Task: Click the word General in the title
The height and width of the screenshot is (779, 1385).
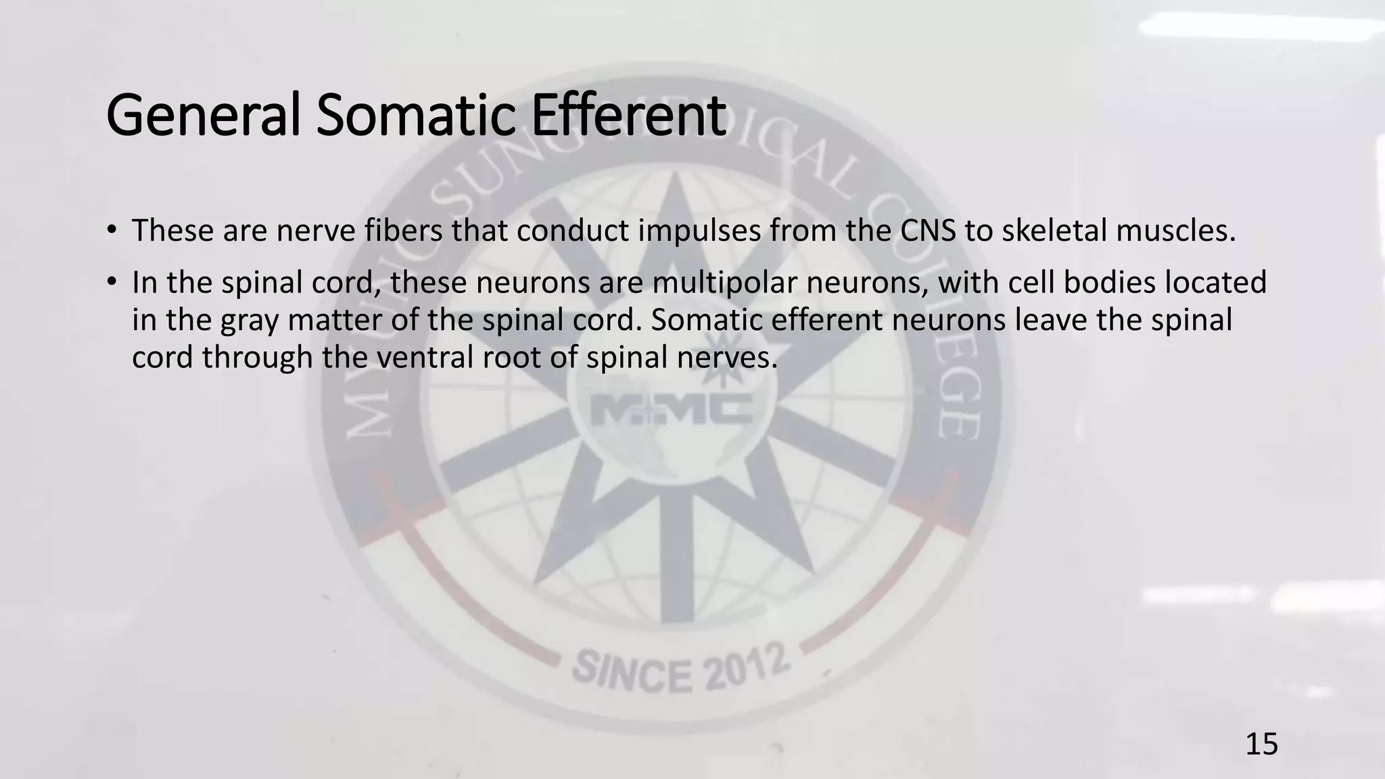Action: (x=203, y=116)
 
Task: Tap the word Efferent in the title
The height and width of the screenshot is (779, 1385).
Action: (x=628, y=116)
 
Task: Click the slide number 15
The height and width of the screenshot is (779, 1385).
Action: (x=1261, y=745)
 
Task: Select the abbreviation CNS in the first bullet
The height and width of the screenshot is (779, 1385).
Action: (x=928, y=231)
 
